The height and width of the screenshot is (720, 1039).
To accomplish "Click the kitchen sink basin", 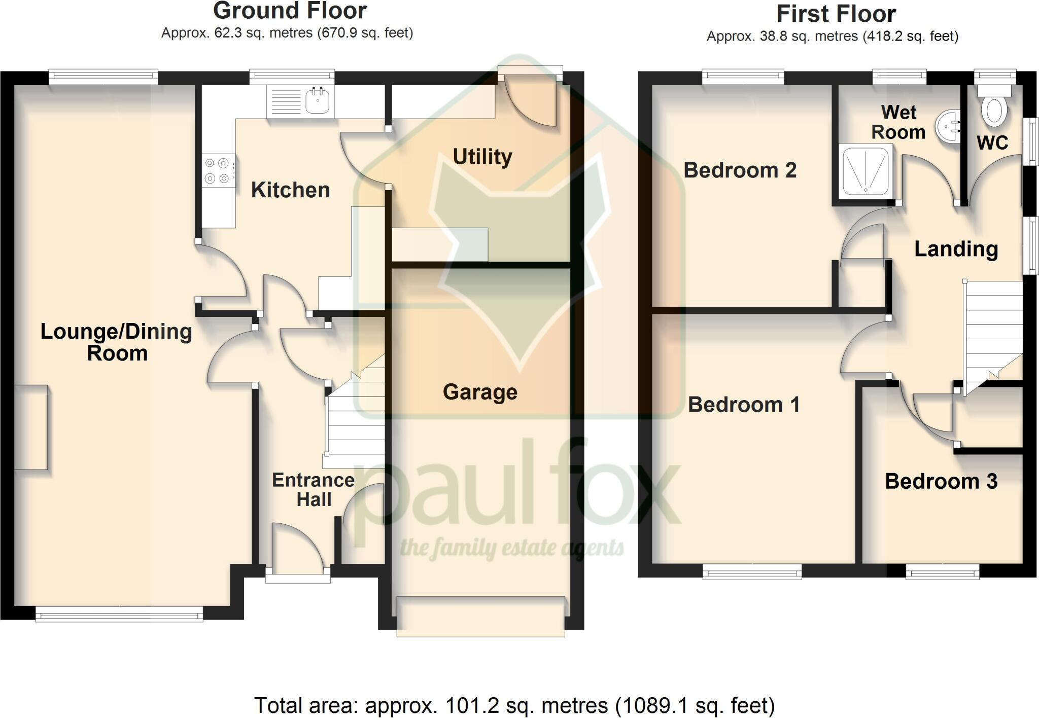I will (318, 101).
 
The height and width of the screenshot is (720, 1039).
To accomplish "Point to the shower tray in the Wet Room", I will (866, 171).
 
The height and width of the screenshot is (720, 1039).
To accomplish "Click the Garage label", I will (480, 392).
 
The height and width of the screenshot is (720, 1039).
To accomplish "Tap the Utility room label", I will (482, 157).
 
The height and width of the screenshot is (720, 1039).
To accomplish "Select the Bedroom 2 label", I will (740, 170).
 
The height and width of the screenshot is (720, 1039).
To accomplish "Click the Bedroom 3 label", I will (941, 481).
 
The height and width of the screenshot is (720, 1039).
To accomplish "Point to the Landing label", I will (956, 249).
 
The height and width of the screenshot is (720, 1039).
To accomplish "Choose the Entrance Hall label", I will (314, 489).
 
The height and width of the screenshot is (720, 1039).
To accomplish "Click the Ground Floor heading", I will (290, 11).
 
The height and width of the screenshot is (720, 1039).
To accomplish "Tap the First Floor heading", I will (836, 14).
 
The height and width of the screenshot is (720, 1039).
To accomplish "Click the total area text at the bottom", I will (514, 705).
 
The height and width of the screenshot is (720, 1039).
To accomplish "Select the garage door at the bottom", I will (480, 616).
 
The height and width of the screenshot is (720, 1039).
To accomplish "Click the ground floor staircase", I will (355, 426).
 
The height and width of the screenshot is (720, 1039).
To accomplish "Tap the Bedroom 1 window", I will (752, 572).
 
